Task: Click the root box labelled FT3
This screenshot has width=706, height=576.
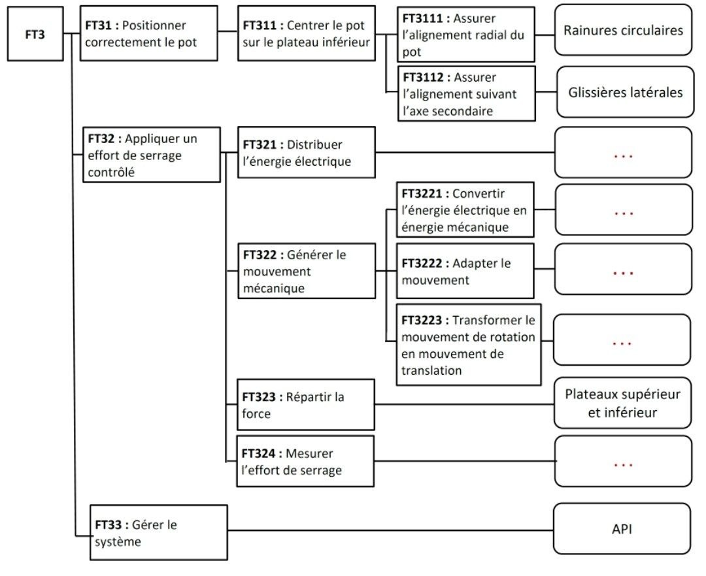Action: pyautogui.click(x=35, y=34)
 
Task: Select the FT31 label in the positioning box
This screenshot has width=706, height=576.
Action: pyautogui.click(x=98, y=25)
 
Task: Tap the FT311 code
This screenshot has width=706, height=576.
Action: pyautogui.click(x=260, y=25)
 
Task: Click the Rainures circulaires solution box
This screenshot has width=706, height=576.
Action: pyautogui.click(x=623, y=30)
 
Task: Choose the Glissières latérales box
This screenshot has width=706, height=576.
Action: pyautogui.click(x=626, y=92)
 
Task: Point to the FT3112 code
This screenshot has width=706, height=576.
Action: pyautogui.click(x=423, y=77)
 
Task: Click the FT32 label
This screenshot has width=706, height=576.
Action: pyautogui.click(x=101, y=138)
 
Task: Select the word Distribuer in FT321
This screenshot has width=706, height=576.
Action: pyautogui.click(x=314, y=145)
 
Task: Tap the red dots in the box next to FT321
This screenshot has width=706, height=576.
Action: pyautogui.click(x=623, y=157)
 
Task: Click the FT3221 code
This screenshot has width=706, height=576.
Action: pyautogui.click(x=422, y=194)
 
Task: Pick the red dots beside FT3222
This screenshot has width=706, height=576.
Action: pyautogui.click(x=623, y=274)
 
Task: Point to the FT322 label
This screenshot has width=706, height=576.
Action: pyautogui.click(x=260, y=255)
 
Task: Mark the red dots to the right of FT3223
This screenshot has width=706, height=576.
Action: pyautogui.click(x=622, y=344)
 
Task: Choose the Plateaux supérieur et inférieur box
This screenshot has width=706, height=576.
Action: pyautogui.click(x=622, y=403)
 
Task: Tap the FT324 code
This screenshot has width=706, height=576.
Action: pyautogui.click(x=258, y=454)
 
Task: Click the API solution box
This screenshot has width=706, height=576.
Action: pyautogui.click(x=622, y=529)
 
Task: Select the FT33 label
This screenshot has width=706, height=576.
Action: pyautogui.click(x=109, y=525)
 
